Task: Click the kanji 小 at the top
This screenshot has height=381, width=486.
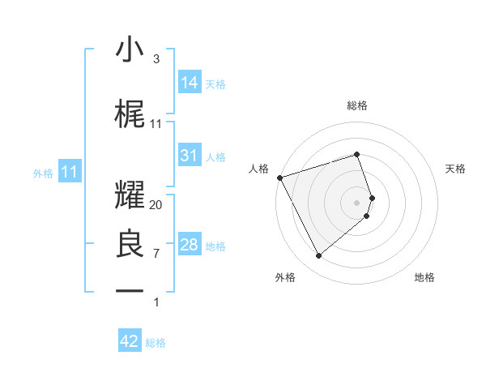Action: (129, 50)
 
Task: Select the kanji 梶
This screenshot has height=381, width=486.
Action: (129, 114)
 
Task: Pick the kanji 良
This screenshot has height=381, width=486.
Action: (129, 244)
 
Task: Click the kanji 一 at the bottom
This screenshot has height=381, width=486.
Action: (129, 290)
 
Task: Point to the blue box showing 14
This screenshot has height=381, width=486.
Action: (190, 82)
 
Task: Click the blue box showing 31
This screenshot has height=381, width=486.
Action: (190, 156)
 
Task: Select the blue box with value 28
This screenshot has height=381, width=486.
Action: (190, 245)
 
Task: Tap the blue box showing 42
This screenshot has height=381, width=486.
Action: (130, 341)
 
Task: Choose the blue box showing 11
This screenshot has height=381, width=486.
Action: (70, 172)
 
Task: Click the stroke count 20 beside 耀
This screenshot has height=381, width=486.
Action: (156, 205)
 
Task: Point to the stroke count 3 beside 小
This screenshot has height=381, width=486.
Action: (156, 59)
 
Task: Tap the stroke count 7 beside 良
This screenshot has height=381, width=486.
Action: (156, 254)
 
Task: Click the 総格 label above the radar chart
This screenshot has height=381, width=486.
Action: (356, 105)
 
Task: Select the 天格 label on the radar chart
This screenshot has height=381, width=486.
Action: (455, 169)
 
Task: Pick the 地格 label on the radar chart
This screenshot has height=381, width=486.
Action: (424, 277)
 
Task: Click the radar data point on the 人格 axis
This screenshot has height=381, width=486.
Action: (279, 177)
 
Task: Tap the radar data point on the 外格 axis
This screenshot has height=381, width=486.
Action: (318, 256)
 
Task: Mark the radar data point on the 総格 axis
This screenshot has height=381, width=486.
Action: (356, 154)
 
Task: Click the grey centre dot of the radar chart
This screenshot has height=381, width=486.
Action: (356, 202)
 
